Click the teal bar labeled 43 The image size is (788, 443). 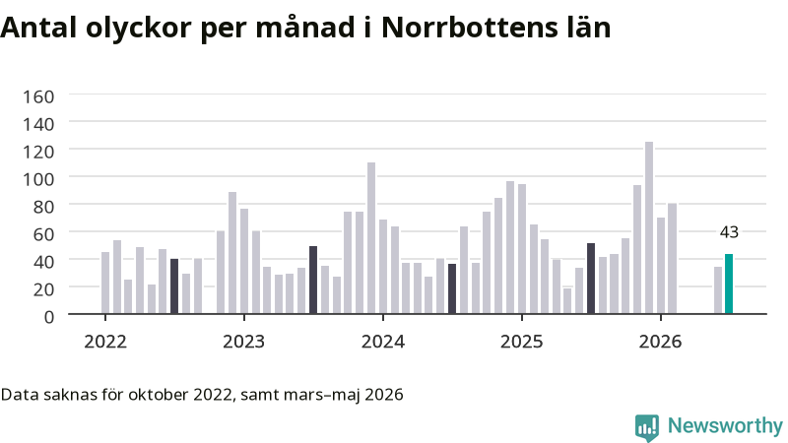[729, 284]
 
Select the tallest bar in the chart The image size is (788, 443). [649, 228]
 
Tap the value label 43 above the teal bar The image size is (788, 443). [729, 232]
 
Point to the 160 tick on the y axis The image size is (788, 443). [38, 96]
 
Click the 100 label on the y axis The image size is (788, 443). [38, 179]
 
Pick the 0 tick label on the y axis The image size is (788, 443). [48, 317]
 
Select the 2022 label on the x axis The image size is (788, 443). [105, 342]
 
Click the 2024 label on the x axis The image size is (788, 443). [383, 342]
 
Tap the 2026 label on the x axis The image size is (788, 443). [660, 342]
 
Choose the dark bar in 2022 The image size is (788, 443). [174, 286]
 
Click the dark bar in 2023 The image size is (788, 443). [313, 281]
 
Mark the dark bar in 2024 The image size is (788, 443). [452, 288]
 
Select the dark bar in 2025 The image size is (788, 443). [591, 279]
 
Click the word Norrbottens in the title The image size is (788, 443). [470, 28]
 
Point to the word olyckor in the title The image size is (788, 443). [139, 29]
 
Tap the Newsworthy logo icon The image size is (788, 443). [647, 427]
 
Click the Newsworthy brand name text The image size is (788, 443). [725, 426]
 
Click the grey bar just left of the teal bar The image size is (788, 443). [718, 290]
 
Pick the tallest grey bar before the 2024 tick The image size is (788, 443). [371, 238]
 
